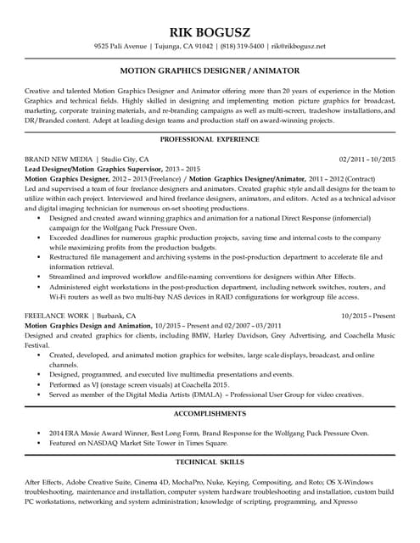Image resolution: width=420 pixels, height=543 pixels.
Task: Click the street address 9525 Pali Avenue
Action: [x=122, y=45]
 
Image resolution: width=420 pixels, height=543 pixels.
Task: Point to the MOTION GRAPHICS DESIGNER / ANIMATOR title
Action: [x=210, y=70]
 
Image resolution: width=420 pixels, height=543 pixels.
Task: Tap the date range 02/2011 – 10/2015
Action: [x=367, y=159]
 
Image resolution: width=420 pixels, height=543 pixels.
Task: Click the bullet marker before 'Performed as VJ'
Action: [x=40, y=383]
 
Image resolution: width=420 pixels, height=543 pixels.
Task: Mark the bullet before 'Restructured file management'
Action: [x=40, y=255]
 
